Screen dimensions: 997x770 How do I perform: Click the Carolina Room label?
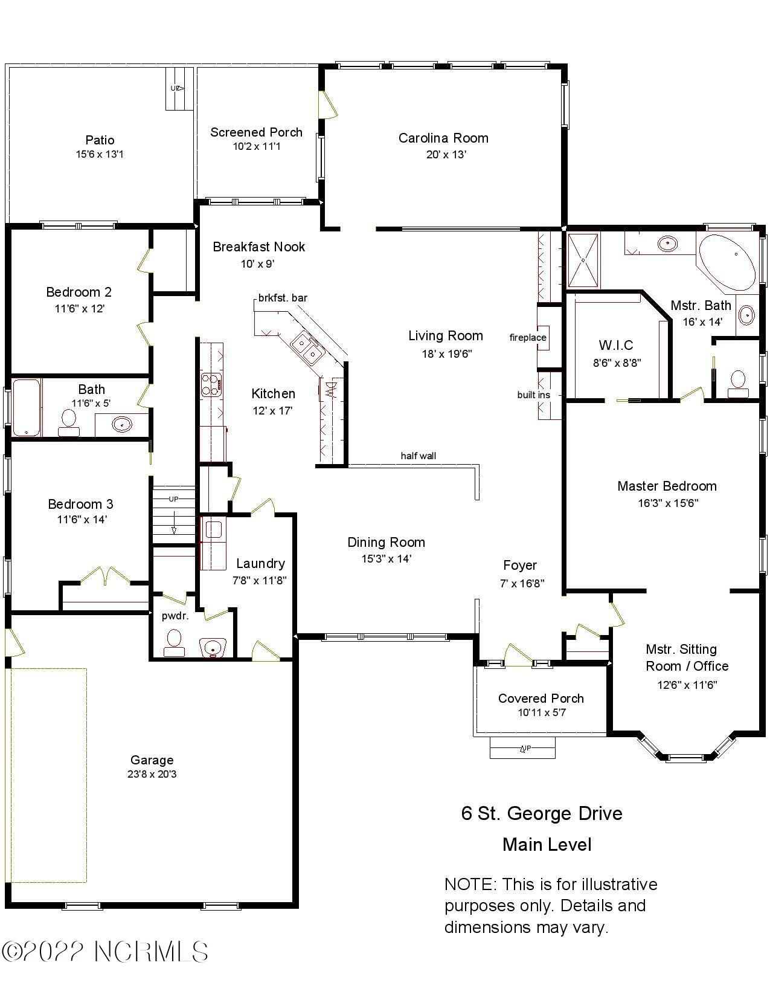[x=443, y=138]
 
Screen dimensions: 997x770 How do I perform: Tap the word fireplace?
[x=528, y=337]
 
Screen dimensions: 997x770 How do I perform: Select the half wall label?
[x=418, y=456]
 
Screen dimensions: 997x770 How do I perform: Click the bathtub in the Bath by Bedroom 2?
[x=26, y=407]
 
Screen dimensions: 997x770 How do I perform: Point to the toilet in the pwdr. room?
[x=174, y=642]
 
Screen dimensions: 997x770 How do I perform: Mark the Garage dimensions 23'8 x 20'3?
[x=152, y=774]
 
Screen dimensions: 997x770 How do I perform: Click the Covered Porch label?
[x=541, y=699]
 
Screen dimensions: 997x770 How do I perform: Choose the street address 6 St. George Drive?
[x=542, y=813]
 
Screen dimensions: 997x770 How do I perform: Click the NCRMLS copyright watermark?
[x=105, y=952]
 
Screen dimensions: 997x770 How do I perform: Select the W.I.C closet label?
[x=616, y=345]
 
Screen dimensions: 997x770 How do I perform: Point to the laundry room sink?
[x=213, y=530]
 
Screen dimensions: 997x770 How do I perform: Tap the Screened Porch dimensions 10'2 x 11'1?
[x=256, y=146]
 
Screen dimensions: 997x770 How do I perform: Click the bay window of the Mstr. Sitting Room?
[x=686, y=756]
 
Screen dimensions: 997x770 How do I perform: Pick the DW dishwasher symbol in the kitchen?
[x=330, y=387]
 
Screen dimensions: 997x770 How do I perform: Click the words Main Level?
[x=547, y=844]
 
